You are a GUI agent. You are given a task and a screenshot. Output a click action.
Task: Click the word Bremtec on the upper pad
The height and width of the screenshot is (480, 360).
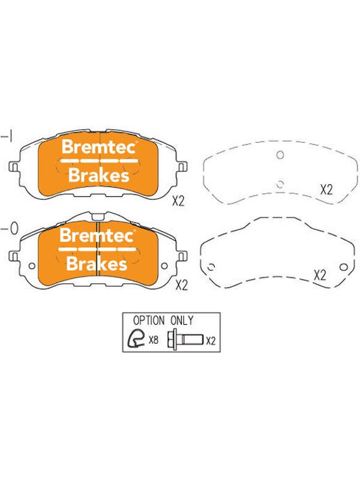tap(98, 147)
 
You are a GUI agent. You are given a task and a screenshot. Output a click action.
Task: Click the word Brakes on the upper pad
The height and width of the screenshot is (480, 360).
tap(98, 175)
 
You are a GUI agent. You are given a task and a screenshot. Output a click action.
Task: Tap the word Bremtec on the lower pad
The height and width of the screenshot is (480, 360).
tap(97, 236)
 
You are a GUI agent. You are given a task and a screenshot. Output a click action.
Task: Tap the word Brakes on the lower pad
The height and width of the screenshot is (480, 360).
tap(97, 263)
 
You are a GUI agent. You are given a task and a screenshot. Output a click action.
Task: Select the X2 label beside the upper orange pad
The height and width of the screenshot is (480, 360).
tap(178, 201)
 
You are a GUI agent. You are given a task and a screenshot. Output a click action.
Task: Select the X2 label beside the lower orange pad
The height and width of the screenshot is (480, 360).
tap(181, 286)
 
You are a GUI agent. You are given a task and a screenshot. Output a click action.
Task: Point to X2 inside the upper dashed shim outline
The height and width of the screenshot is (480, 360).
tap(326, 190)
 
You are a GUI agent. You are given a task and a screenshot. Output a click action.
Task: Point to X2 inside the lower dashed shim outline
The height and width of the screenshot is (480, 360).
tap(320, 275)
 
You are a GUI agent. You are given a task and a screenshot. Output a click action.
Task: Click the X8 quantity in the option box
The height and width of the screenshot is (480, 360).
tap(153, 340)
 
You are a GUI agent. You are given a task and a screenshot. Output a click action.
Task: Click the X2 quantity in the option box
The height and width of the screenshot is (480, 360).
tap(211, 341)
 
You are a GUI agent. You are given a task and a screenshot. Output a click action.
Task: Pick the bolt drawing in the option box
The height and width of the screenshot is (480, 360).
tap(185, 340)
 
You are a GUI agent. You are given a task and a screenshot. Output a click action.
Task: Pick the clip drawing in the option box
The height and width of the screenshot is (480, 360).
tap(136, 339)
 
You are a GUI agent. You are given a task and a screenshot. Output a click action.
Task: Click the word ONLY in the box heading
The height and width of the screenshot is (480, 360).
tap(182, 320)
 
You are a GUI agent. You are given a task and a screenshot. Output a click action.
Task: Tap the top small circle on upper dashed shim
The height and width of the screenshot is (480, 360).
tap(280, 155)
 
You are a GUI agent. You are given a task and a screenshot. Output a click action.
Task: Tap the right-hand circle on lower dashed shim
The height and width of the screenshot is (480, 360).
tap(343, 267)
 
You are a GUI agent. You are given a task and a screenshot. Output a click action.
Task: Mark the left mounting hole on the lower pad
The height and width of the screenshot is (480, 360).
tap(32, 266)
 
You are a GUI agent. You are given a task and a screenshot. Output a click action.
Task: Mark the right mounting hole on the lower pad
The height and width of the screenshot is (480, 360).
tap(164, 266)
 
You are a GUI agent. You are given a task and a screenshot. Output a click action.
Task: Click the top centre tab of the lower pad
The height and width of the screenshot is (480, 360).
tap(97, 217)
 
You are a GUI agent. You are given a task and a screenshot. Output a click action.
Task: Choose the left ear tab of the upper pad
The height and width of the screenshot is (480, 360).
tap(14, 167)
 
